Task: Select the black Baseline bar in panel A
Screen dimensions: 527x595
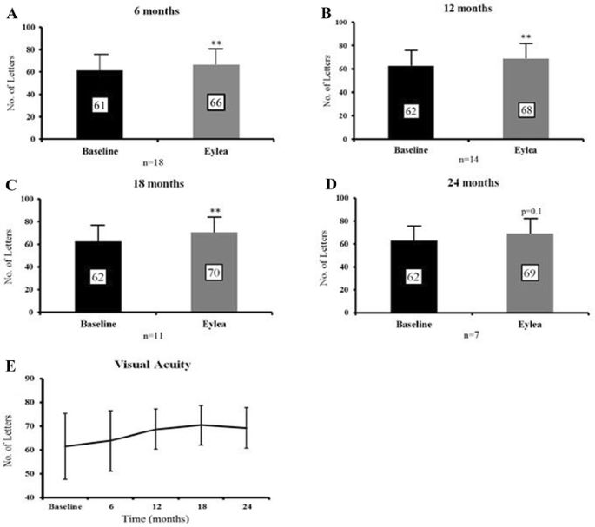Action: click(x=100, y=104)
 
